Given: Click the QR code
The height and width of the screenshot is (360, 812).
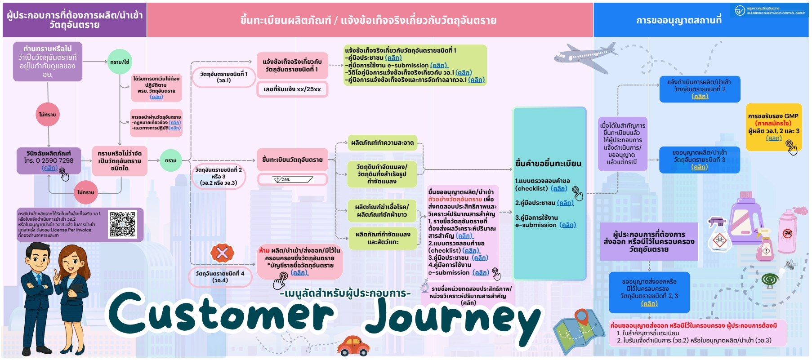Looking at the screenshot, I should click(x=122, y=224).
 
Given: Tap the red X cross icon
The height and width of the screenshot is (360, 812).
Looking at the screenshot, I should click(x=222, y=253).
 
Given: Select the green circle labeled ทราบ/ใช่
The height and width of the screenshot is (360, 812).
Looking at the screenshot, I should click(x=120, y=62).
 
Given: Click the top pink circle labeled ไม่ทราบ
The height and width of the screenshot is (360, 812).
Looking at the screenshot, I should click(x=47, y=115).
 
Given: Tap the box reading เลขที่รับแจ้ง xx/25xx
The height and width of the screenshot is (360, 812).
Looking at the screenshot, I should click(x=292, y=89).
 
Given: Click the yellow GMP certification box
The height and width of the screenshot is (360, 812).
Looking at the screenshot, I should click(x=773, y=127).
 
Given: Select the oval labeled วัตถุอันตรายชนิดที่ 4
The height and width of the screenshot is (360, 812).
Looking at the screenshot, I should click(x=220, y=276).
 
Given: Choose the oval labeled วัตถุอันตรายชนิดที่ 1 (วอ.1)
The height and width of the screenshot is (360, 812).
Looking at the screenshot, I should click(x=223, y=77).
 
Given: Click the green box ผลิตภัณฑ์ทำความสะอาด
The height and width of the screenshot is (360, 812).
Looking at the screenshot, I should click(x=382, y=143).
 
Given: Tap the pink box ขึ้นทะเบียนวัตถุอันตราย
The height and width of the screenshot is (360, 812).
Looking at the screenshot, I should click(x=292, y=160).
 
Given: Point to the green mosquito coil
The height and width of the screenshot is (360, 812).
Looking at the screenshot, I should click(x=770, y=280).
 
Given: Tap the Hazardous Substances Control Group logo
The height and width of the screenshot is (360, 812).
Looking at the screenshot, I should click(x=740, y=10).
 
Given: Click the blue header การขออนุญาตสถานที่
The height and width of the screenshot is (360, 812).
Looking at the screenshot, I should click(x=679, y=20).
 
